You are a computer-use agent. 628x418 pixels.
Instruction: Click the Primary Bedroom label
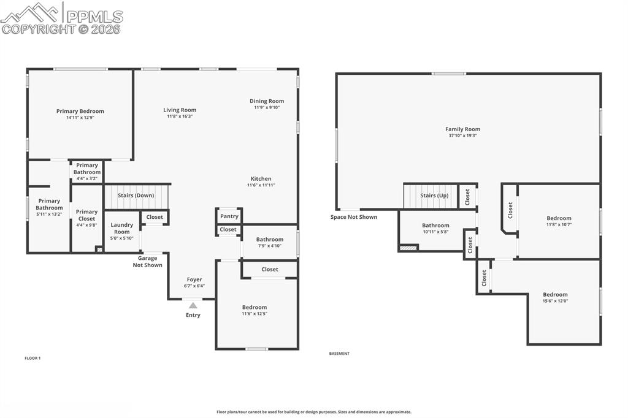[80, 112]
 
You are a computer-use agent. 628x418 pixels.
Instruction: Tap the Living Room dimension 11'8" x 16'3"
[180, 116]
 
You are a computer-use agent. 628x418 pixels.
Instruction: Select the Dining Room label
[267, 101]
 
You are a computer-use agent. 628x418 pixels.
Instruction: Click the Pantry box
[229, 216]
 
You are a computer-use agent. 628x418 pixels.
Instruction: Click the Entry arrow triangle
[193, 305]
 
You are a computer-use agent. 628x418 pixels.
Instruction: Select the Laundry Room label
[122, 228]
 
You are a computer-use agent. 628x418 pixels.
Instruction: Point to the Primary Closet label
[86, 215]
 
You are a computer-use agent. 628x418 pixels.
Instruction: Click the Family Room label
[462, 129]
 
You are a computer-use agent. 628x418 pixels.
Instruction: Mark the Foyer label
[194, 279]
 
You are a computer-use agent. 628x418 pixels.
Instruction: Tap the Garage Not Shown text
[147, 262]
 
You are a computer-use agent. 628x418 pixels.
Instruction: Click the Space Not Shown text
[354, 217]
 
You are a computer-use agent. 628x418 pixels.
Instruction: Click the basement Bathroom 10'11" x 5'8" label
[435, 226]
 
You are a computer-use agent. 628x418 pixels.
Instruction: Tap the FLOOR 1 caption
[33, 358]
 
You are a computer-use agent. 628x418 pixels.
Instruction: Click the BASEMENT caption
[339, 354]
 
